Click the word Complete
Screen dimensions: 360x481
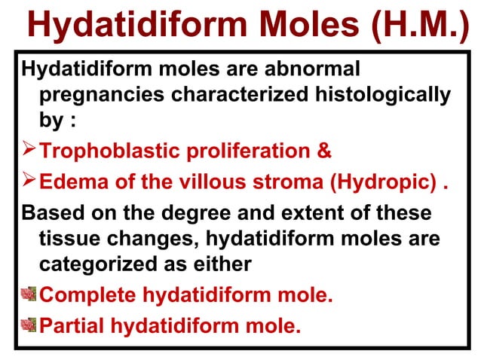[x=87, y=294]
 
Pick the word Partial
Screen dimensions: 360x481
[x=70, y=326]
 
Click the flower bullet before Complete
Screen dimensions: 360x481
[x=29, y=293]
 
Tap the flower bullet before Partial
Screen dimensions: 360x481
[x=29, y=325]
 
